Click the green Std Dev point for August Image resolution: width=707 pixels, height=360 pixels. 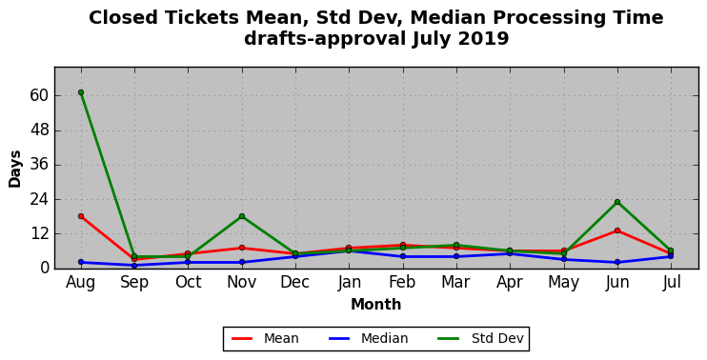coord(81,92)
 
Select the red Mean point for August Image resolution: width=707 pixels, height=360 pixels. coord(81,216)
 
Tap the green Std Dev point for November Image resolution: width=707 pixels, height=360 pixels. coord(242,216)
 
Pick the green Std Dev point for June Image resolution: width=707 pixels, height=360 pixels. coord(617,202)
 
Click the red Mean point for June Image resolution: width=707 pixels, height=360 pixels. coord(617,230)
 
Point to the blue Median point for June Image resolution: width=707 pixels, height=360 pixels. coord(617,262)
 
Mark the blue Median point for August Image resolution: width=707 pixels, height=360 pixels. coord(81,262)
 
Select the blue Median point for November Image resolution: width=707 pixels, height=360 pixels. coord(242,262)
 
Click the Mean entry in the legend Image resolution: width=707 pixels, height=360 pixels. coord(265,338)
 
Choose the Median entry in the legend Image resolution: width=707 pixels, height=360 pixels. coord(368,338)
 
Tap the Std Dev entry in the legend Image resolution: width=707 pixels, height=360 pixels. coord(480,338)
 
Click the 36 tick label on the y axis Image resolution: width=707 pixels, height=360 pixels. coord(38,165)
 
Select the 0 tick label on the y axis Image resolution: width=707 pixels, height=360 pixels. coord(43,269)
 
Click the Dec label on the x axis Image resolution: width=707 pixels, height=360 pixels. coord(295,283)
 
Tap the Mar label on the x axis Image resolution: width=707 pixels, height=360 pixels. coord(456,283)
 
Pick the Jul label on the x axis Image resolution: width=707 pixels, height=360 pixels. coord(672,283)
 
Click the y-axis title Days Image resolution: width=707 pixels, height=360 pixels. coord(15,169)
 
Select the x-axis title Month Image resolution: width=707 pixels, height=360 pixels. coord(376,305)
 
